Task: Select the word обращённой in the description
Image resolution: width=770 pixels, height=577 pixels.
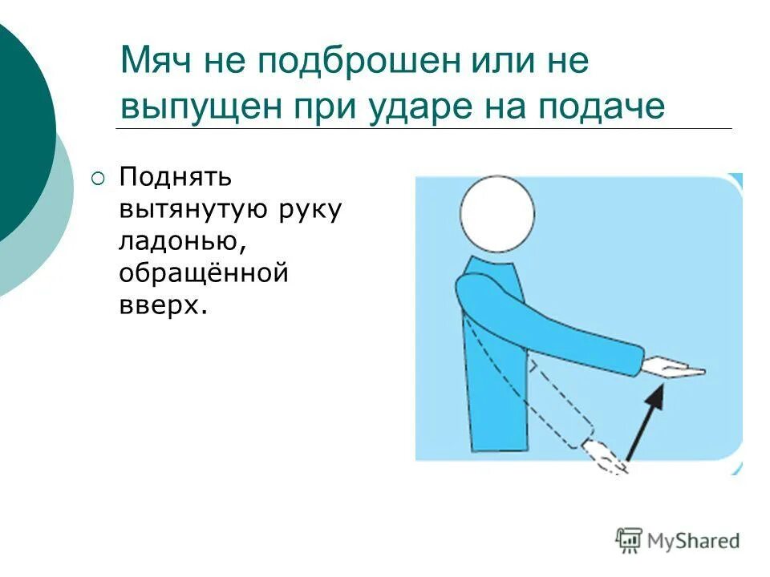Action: (x=204, y=273)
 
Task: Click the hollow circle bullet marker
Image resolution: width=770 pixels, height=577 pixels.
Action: (x=98, y=178)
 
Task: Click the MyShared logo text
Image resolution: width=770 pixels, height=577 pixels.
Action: (x=694, y=541)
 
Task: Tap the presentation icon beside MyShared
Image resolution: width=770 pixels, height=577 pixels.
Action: (x=629, y=540)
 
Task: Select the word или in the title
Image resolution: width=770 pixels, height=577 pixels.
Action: (x=477, y=63)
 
